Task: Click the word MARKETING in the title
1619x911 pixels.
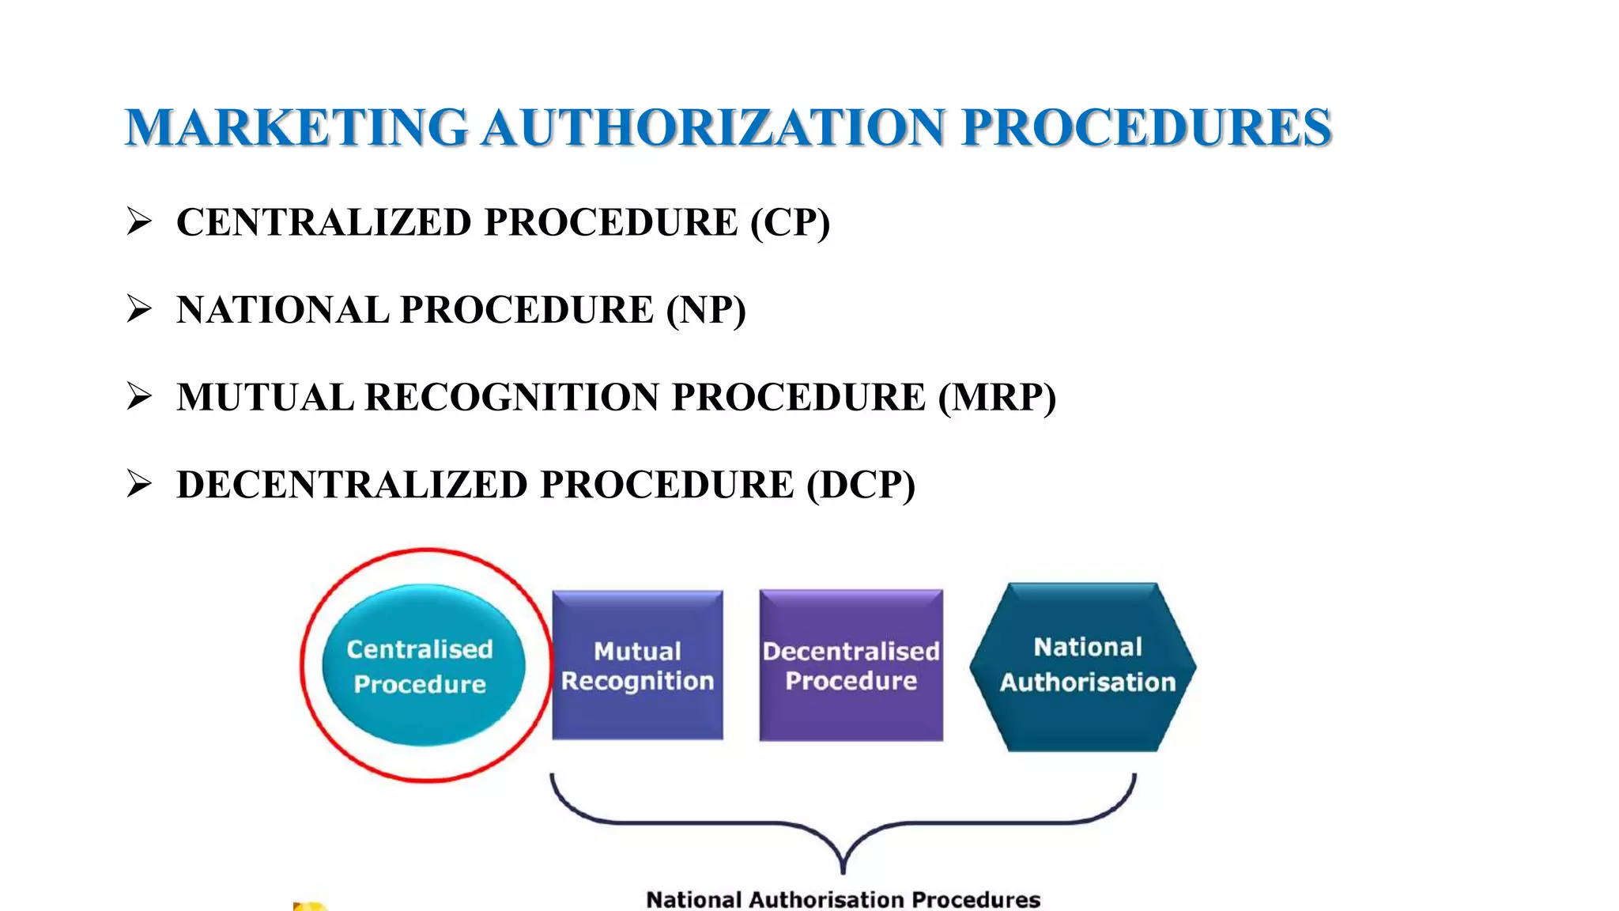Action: [296, 128]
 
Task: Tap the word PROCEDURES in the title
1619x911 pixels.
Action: [1146, 128]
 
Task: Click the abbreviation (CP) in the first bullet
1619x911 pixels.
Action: [790, 222]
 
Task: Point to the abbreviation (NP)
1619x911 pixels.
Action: [705, 310]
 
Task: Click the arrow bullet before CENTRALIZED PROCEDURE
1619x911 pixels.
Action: [139, 221]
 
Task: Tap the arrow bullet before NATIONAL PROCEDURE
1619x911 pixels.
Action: [139, 309]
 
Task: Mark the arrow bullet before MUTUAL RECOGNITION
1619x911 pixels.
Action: [139, 396]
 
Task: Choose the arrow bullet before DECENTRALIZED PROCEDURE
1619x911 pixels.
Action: [139, 484]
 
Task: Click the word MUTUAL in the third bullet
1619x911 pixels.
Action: [265, 397]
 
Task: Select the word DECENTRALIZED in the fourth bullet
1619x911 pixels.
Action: [352, 485]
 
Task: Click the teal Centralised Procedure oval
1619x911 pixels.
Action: [423, 665]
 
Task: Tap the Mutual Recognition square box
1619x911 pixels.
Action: [637, 665]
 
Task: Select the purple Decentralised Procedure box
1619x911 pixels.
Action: [851, 665]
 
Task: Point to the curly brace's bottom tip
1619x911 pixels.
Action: [843, 870]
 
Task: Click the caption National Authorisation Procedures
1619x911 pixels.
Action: [843, 900]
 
